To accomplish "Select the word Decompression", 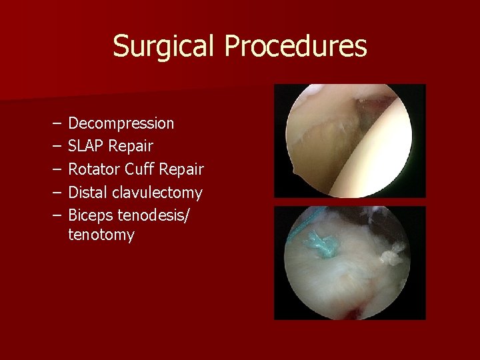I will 121,123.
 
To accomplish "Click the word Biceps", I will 91,216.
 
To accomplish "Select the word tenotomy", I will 101,235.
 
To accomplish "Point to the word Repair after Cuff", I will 182,169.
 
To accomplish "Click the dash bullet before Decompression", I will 53,124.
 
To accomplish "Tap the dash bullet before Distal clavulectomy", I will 53,193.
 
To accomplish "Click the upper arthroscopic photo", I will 350,141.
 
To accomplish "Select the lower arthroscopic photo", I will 350,263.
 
